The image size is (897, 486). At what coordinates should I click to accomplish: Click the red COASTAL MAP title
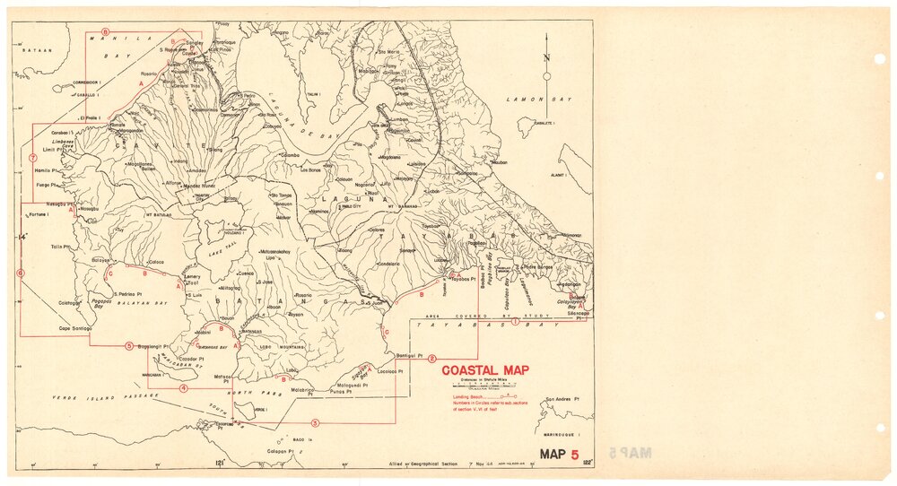[x=484, y=370]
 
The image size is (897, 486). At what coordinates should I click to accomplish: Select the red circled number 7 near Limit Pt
[x=32, y=158]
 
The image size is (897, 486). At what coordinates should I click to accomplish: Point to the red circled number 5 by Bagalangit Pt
[x=129, y=345]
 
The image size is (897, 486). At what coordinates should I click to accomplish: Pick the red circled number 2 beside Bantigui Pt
[x=432, y=358]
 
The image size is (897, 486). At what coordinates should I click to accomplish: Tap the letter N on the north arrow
[x=546, y=58]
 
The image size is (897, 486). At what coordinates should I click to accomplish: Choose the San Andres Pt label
[x=562, y=400]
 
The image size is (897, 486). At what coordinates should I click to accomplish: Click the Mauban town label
[x=498, y=163]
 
